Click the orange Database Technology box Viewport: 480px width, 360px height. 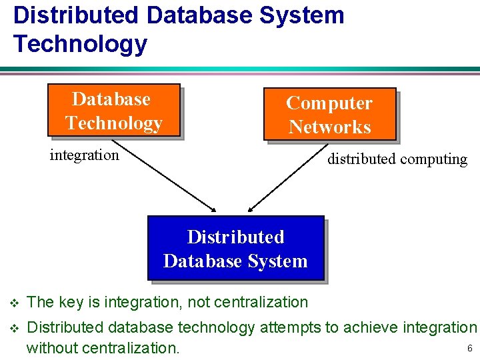pyautogui.click(x=113, y=110)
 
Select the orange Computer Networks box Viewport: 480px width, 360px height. pyautogui.click(x=329, y=115)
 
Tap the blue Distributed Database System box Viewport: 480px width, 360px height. pyautogui.click(x=235, y=248)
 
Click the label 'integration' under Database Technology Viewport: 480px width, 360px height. pyautogui.click(x=84, y=155)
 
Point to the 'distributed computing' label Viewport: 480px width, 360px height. pyautogui.click(x=397, y=159)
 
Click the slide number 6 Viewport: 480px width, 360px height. pyautogui.click(x=470, y=349)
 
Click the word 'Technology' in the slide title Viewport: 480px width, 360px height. pyautogui.click(x=80, y=44)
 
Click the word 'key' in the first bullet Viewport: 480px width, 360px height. pyautogui.click(x=71, y=303)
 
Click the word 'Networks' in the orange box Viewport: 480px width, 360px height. pyautogui.click(x=329, y=127)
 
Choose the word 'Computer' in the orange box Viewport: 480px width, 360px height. pyautogui.click(x=329, y=103)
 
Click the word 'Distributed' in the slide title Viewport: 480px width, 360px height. pyautogui.click(x=75, y=15)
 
